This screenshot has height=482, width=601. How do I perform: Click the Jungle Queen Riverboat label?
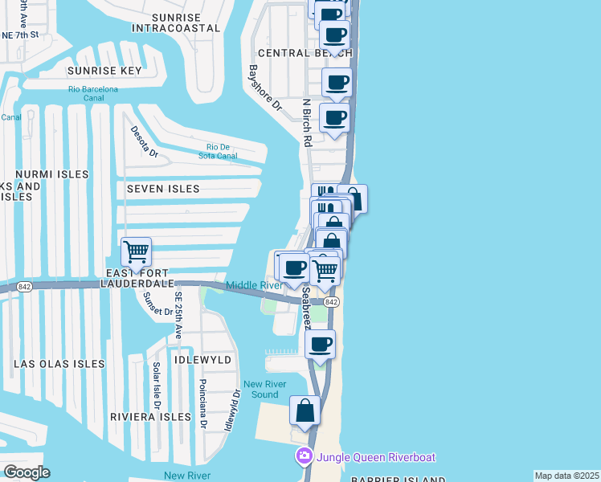tap(375, 457)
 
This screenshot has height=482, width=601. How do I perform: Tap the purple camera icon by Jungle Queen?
tap(304, 457)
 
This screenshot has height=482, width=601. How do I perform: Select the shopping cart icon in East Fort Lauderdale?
tap(136, 251)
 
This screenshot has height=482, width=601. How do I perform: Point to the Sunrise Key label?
tap(104, 71)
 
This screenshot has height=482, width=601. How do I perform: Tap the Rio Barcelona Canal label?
tap(93, 94)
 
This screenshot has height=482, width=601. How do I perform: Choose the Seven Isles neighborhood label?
tap(163, 188)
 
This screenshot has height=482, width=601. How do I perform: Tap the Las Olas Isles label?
tap(59, 364)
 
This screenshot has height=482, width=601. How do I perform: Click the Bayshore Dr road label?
tap(266, 88)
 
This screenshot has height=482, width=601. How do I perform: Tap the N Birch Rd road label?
tap(306, 122)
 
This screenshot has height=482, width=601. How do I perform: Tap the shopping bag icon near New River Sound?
tap(305, 411)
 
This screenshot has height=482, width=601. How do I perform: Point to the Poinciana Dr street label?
tap(203, 404)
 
